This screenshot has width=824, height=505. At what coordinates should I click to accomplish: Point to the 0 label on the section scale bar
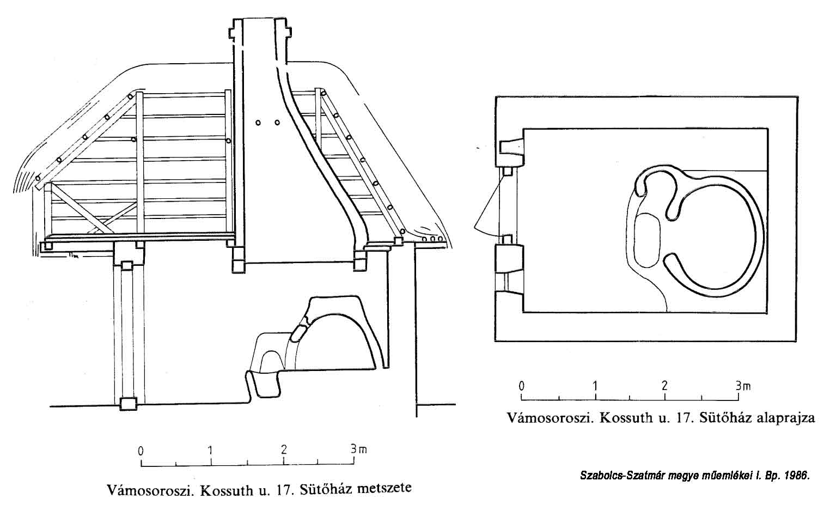pyautogui.click(x=141, y=451)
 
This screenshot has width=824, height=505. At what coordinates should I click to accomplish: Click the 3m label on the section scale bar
pyautogui.click(x=358, y=450)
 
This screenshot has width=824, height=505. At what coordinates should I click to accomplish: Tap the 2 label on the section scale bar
pyautogui.click(x=284, y=451)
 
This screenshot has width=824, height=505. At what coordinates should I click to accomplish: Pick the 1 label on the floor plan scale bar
pyautogui.click(x=595, y=386)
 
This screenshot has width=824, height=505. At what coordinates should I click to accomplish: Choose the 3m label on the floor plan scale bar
pyautogui.click(x=742, y=386)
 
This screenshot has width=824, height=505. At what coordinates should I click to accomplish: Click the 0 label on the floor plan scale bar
pyautogui.click(x=522, y=386)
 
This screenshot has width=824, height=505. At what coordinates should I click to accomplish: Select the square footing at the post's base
pyautogui.click(x=129, y=404)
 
